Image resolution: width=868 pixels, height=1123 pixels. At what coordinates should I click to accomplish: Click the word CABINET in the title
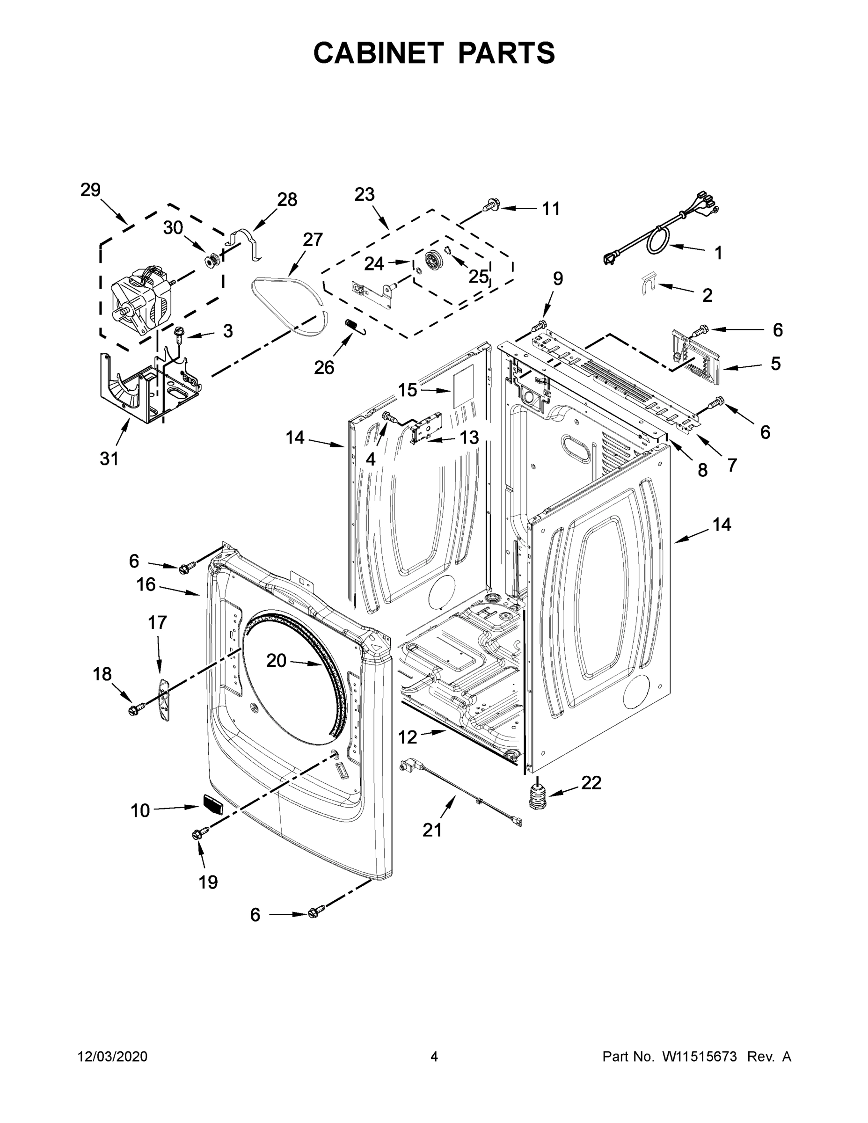click(x=379, y=53)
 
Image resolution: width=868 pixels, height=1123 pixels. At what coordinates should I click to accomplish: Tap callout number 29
click(x=90, y=190)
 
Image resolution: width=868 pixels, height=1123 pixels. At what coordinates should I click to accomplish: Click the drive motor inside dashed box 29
click(x=141, y=304)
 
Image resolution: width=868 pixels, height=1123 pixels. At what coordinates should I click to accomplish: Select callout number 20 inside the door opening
click(x=276, y=660)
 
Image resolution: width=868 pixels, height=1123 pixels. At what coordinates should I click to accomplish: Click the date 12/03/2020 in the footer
click(x=113, y=1056)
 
